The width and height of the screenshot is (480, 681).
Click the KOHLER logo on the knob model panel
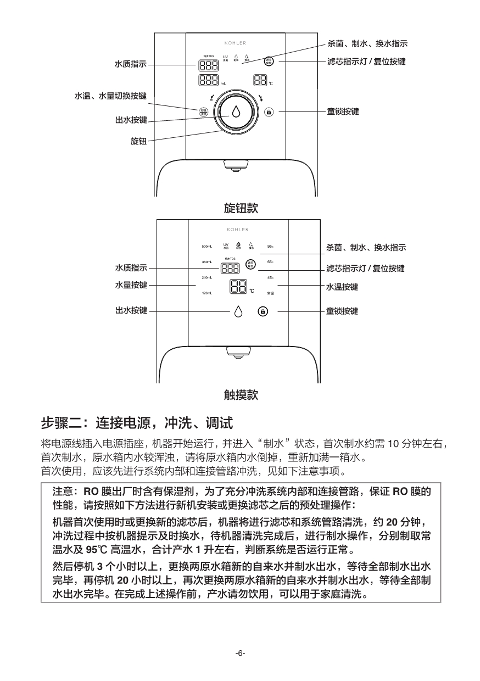(x=235, y=43)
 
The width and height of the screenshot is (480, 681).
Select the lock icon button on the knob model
(x=269, y=111)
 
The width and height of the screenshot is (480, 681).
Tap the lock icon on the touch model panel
(x=263, y=311)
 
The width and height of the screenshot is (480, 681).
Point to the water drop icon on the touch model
(x=238, y=311)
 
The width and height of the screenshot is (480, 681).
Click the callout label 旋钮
(x=138, y=141)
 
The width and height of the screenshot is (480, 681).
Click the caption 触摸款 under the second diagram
(x=241, y=394)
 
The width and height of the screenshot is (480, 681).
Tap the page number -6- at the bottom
(x=240, y=653)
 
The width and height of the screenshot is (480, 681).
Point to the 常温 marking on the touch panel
(x=270, y=294)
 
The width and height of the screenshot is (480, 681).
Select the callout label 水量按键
(x=131, y=285)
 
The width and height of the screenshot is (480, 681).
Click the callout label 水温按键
(x=342, y=287)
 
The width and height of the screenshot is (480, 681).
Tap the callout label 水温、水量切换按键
(x=110, y=96)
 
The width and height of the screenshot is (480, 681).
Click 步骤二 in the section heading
(x=62, y=423)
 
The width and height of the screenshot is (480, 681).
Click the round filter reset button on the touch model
(x=250, y=265)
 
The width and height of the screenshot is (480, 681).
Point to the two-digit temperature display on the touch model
(x=238, y=286)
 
